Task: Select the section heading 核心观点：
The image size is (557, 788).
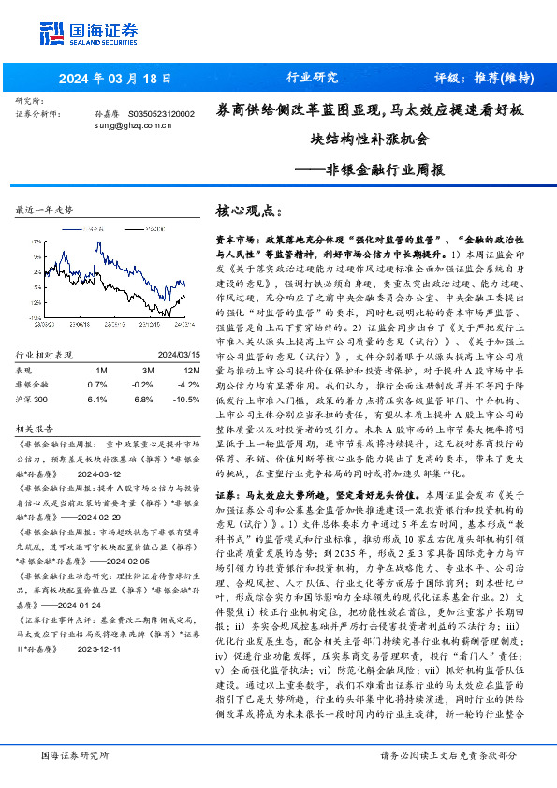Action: coord(248,212)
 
